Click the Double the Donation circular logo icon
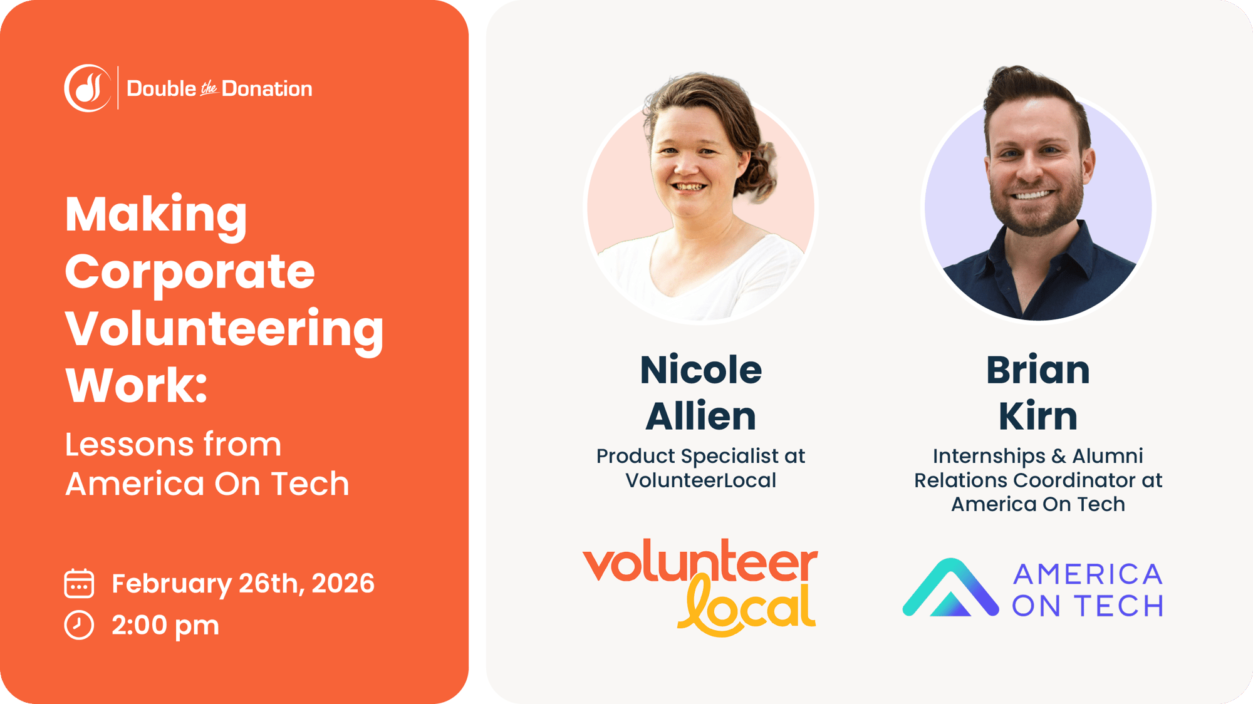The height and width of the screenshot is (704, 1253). point(88,88)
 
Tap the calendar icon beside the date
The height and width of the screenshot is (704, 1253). point(79,583)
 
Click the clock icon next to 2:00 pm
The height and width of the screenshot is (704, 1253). point(79,625)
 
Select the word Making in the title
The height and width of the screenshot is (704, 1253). point(156,215)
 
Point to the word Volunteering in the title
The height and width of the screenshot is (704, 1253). point(224,329)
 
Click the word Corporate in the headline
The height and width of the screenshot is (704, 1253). point(189,272)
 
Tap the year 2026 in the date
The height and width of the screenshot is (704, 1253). point(343,583)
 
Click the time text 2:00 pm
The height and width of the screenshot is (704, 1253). point(165,625)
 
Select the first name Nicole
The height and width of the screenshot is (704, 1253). point(700,370)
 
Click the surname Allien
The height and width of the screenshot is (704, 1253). point(700,416)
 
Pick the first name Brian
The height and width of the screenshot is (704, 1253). point(1037,370)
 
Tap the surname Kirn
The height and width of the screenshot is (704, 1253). point(1037,416)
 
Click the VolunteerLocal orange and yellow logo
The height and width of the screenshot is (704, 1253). point(700,586)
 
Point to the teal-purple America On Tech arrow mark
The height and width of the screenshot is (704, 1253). point(950,589)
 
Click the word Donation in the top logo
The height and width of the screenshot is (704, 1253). point(267,89)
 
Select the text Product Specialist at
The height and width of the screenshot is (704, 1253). point(700,456)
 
